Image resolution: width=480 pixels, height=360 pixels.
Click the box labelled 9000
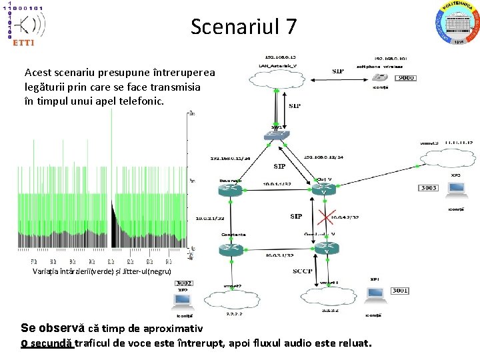coord(406,78)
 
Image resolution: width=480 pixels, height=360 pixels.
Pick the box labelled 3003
coord(429,188)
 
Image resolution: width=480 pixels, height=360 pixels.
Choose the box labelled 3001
coord(400,291)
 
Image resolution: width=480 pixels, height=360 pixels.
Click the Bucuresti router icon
coord(229,190)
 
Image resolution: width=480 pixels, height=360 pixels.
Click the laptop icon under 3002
coord(183,299)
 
